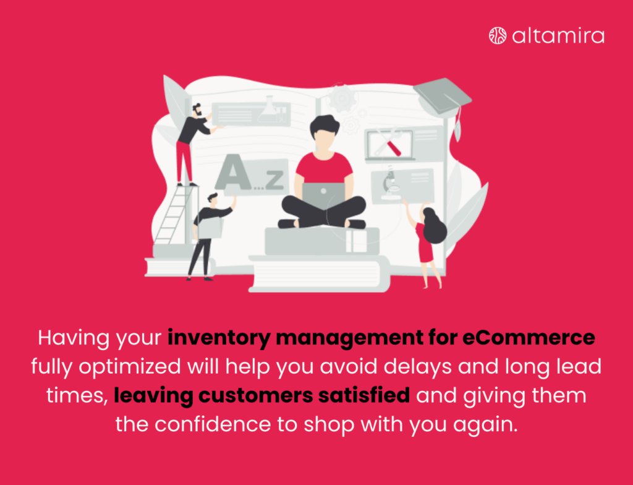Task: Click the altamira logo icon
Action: click(498, 35)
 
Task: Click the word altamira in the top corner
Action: click(558, 35)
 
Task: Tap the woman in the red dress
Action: click(428, 245)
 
